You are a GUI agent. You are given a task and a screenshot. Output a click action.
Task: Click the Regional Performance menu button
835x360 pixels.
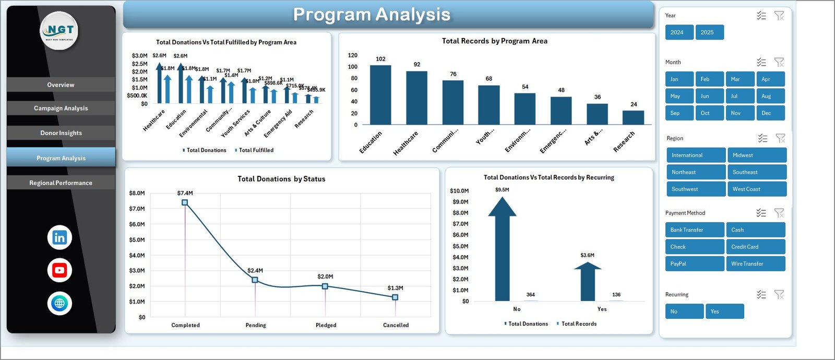point(61,183)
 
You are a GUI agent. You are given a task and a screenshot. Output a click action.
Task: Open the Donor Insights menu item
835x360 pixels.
point(61,133)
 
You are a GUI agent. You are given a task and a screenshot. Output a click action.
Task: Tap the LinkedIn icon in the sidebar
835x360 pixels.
point(59,238)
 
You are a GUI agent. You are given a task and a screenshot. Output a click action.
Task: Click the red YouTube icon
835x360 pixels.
point(59,270)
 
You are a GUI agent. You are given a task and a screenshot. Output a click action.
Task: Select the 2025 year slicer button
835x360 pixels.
point(709,32)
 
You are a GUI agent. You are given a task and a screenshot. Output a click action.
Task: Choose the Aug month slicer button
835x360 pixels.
point(770,96)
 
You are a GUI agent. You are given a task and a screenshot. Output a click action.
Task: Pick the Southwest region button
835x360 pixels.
point(696,189)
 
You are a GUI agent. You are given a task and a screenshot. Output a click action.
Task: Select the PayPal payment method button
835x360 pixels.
point(694,264)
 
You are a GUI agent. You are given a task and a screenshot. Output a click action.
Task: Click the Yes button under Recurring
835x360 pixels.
point(724,311)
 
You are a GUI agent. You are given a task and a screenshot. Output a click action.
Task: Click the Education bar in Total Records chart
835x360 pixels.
point(380,94)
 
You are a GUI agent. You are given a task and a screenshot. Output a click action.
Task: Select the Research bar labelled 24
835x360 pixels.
point(633,117)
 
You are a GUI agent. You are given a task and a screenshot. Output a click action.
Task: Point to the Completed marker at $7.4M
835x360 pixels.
point(185,202)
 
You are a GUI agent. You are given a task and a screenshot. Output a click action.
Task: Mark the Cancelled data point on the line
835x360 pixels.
point(395,297)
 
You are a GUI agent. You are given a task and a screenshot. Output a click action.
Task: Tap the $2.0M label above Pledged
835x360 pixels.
point(325,277)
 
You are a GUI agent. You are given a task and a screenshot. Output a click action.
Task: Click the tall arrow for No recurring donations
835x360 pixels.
point(502,250)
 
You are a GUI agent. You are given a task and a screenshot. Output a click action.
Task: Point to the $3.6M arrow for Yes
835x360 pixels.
point(588,282)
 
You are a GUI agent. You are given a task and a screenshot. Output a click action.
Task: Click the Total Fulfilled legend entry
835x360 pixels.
point(256,150)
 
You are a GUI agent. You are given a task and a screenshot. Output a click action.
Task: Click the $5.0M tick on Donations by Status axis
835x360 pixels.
point(137,240)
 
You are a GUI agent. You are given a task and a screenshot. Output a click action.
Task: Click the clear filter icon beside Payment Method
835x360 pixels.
point(779,213)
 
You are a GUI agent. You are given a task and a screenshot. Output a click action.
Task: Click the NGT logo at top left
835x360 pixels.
point(59,31)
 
